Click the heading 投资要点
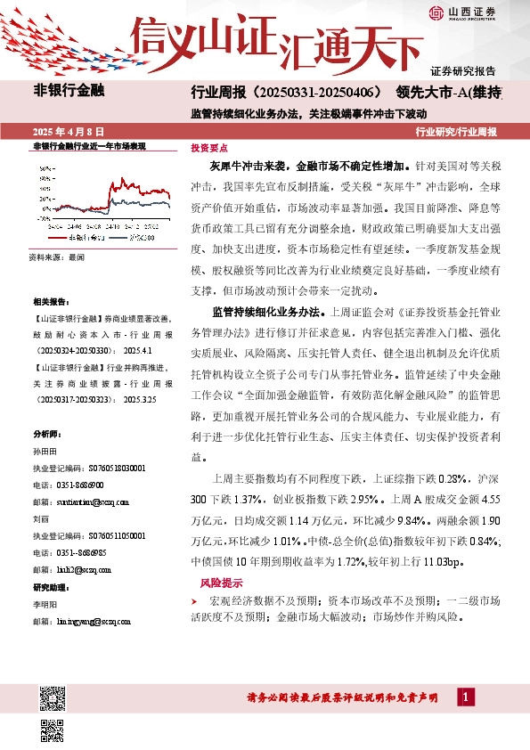coord(208,149)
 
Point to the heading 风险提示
coord(219,583)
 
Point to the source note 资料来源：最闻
coord(56,257)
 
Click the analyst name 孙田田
coord(44,452)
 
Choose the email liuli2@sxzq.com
coord(69,570)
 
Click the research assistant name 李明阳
coord(44,604)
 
